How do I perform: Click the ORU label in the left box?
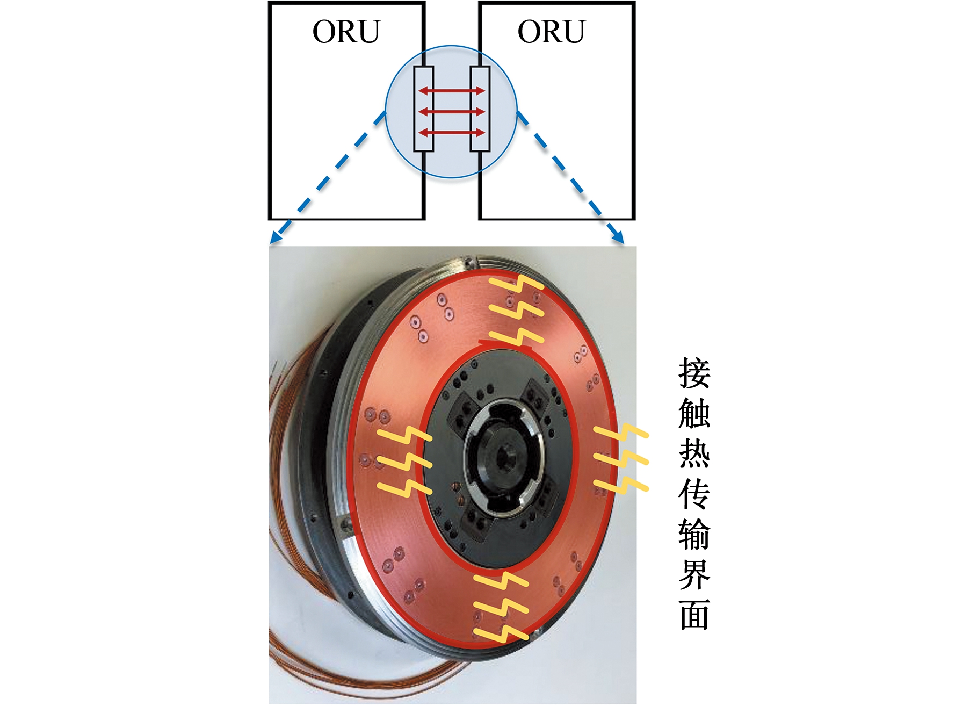coord(346,32)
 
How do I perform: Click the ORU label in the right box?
coord(551,32)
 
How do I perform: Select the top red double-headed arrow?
coord(452,91)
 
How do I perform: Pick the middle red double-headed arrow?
coord(452,112)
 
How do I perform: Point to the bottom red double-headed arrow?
coord(452,132)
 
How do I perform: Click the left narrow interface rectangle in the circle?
coord(424,109)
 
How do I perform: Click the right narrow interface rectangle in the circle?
coord(480,109)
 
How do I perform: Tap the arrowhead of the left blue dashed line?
coord(276,236)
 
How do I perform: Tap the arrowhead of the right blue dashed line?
coord(618,236)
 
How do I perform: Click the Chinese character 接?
coord(694,373)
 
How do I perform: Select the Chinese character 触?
coord(694,413)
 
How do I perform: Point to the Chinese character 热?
coord(694,453)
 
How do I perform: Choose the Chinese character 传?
coord(694,494)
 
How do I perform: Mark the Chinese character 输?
coord(694,534)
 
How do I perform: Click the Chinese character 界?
coord(694,574)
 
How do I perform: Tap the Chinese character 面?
coord(694,614)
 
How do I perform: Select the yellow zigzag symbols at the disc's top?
coord(516,310)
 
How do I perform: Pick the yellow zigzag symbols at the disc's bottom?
coord(501,607)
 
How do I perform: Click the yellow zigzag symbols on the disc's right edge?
coord(621,459)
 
